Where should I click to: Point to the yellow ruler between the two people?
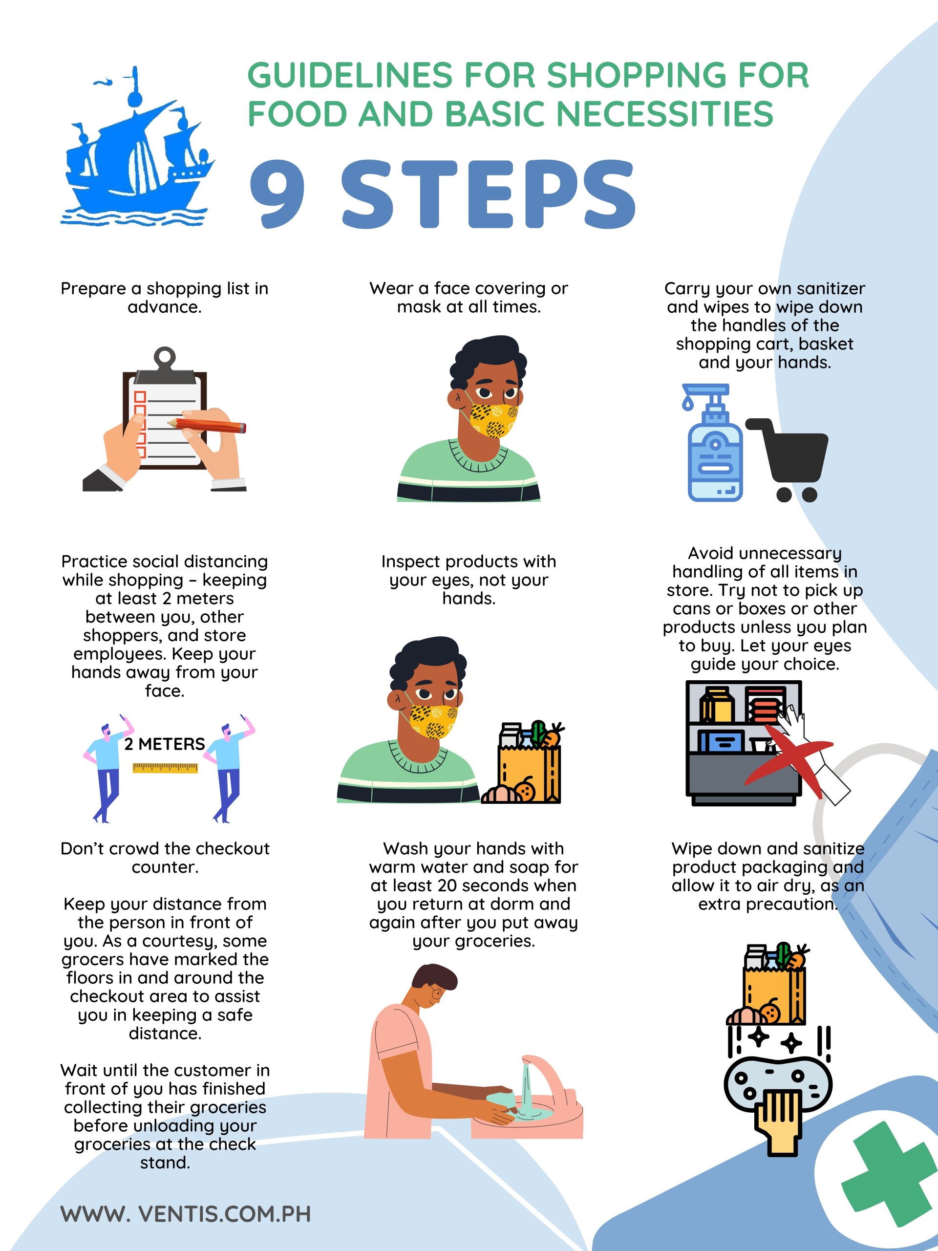click(x=165, y=767)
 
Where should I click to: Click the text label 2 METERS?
click(x=165, y=744)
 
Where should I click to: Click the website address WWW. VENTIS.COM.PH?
click(x=186, y=1214)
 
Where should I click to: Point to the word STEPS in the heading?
click(x=489, y=194)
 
